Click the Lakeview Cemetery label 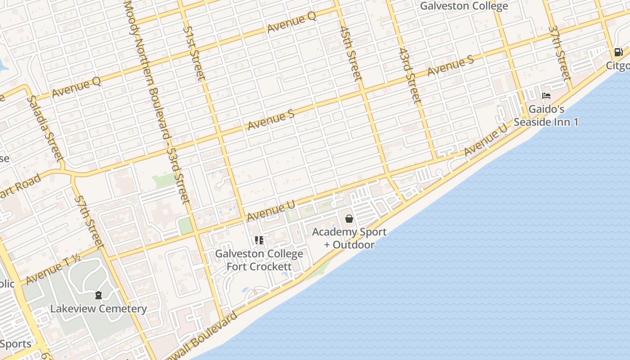[x=99, y=309]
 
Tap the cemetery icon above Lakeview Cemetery [x=99, y=295]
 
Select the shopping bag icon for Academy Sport [x=349, y=219]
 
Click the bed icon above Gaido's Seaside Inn [x=546, y=96]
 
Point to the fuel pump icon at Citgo [x=619, y=52]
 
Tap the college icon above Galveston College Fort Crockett [x=259, y=240]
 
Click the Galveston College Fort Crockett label [x=259, y=260]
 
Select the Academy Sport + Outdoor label [x=349, y=238]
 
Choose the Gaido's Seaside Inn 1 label [x=546, y=116]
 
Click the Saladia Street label [x=44, y=128]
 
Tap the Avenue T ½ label [x=53, y=269]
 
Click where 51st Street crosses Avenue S [x=219, y=134]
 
